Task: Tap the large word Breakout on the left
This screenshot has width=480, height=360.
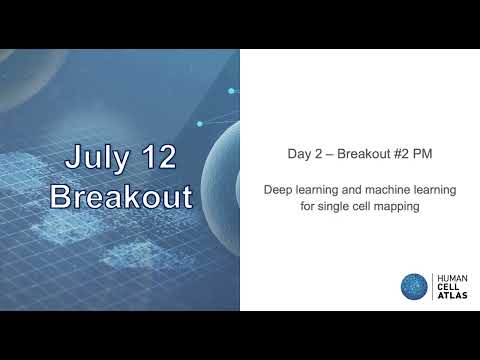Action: (x=120, y=196)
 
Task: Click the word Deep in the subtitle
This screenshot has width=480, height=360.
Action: (x=279, y=188)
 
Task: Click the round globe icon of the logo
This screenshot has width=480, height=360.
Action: (x=414, y=286)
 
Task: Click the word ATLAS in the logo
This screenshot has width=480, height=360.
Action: (x=451, y=295)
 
